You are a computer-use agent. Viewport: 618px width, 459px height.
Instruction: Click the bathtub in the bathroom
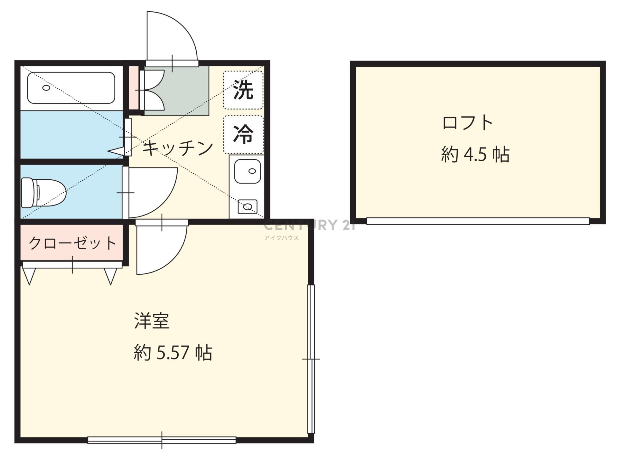(x=71, y=88)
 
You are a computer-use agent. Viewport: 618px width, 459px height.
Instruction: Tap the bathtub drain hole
(x=46, y=88)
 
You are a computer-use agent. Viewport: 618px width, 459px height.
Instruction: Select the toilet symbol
(x=43, y=193)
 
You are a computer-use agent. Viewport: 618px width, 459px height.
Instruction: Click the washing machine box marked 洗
(x=243, y=90)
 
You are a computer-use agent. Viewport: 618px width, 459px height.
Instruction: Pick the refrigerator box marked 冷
(x=243, y=135)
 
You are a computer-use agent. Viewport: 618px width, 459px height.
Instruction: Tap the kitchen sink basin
(x=247, y=171)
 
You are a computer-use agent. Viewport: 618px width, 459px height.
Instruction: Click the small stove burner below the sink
(x=248, y=207)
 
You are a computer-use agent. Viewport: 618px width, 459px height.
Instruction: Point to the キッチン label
(x=177, y=148)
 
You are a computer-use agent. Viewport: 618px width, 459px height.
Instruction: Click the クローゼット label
(x=72, y=243)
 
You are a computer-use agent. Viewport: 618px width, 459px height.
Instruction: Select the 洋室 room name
(x=152, y=320)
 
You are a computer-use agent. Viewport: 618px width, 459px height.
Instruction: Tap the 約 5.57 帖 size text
(x=173, y=353)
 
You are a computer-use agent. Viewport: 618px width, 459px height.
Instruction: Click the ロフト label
(x=468, y=123)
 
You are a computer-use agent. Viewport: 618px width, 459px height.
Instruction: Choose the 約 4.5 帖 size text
(x=475, y=154)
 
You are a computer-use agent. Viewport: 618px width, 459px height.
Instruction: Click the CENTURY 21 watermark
(x=310, y=225)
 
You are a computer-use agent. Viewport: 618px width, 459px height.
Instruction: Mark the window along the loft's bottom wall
(x=478, y=221)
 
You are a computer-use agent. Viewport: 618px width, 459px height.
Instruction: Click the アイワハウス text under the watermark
(x=282, y=238)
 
